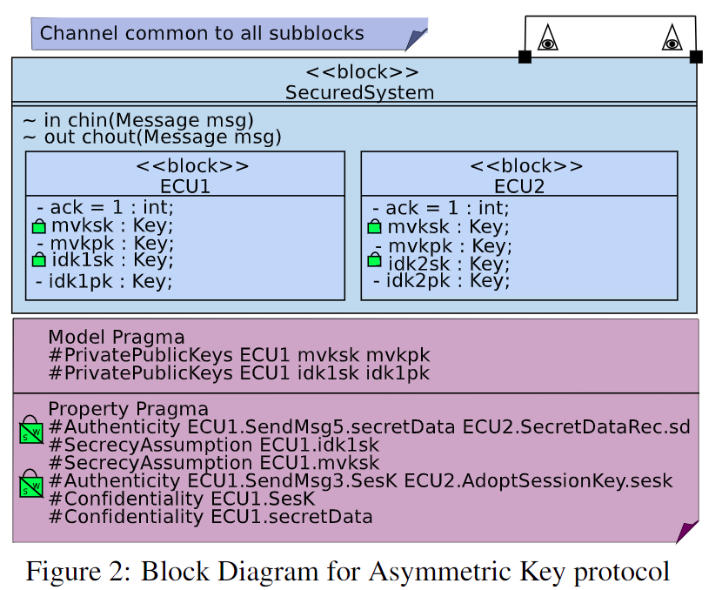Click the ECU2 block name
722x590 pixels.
(518, 185)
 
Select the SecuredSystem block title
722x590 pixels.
(359, 92)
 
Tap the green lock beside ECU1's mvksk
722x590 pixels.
(38, 226)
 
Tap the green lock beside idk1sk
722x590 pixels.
(38, 259)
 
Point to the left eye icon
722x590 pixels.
(547, 39)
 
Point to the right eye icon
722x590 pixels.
(671, 39)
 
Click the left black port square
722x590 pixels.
(525, 57)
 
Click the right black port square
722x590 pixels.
(695, 57)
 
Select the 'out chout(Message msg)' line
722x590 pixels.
(151, 137)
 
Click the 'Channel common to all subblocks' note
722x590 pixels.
(202, 34)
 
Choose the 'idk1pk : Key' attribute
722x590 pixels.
(104, 280)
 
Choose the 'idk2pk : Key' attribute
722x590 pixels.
(442, 280)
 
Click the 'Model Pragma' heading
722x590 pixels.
(116, 338)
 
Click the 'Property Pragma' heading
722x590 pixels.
(128, 409)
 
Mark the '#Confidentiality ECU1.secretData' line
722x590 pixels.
(211, 517)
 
